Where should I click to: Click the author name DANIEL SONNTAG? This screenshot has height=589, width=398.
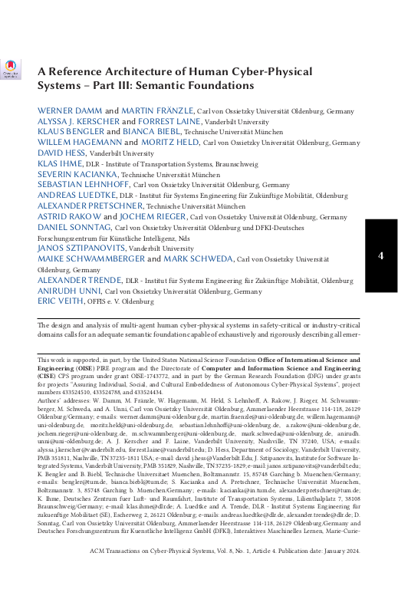(x=74, y=228)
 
